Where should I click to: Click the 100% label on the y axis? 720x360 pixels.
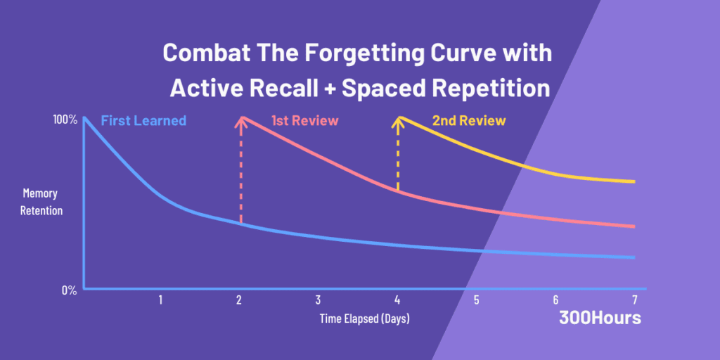point(65,120)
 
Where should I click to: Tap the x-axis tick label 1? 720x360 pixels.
point(160,300)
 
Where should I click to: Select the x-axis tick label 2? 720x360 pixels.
point(239,300)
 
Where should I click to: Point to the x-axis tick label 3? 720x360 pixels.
point(318,300)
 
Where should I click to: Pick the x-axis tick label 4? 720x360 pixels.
point(397,300)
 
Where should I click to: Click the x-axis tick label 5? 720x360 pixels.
point(476,300)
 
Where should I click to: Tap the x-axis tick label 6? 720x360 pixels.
point(555,300)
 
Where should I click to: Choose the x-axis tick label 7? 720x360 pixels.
point(634,300)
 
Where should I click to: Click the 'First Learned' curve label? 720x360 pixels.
point(143,121)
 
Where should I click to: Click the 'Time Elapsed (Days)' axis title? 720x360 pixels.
point(364,319)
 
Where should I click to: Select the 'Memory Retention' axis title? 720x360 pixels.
point(43,202)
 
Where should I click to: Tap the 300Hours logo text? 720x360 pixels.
point(600,318)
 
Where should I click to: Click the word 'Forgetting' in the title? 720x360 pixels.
point(342,53)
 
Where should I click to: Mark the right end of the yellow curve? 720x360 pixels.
point(634,182)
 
